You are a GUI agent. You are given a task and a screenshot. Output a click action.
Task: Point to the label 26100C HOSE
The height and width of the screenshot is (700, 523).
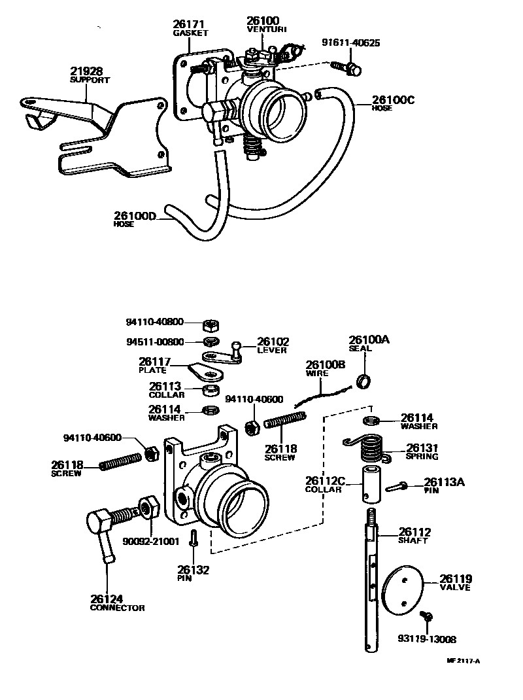pyautogui.click(x=393, y=103)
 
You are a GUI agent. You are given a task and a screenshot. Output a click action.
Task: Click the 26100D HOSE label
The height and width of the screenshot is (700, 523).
pyautogui.click(x=135, y=219)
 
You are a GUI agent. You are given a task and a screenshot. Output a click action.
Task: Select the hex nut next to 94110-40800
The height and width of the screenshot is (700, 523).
pyautogui.click(x=211, y=323)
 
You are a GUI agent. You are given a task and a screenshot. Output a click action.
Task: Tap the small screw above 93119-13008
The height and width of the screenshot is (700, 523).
pyautogui.click(x=428, y=616)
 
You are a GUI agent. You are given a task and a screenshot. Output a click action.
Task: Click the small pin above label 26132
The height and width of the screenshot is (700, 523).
pyautogui.click(x=193, y=538)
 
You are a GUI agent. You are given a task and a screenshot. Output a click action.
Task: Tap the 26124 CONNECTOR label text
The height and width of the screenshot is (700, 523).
pyautogui.click(x=117, y=603)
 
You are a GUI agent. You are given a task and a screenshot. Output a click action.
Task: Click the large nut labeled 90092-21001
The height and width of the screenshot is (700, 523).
pyautogui.click(x=147, y=508)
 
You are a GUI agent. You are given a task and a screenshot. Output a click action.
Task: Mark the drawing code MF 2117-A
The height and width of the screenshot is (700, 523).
pyautogui.click(x=463, y=661)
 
